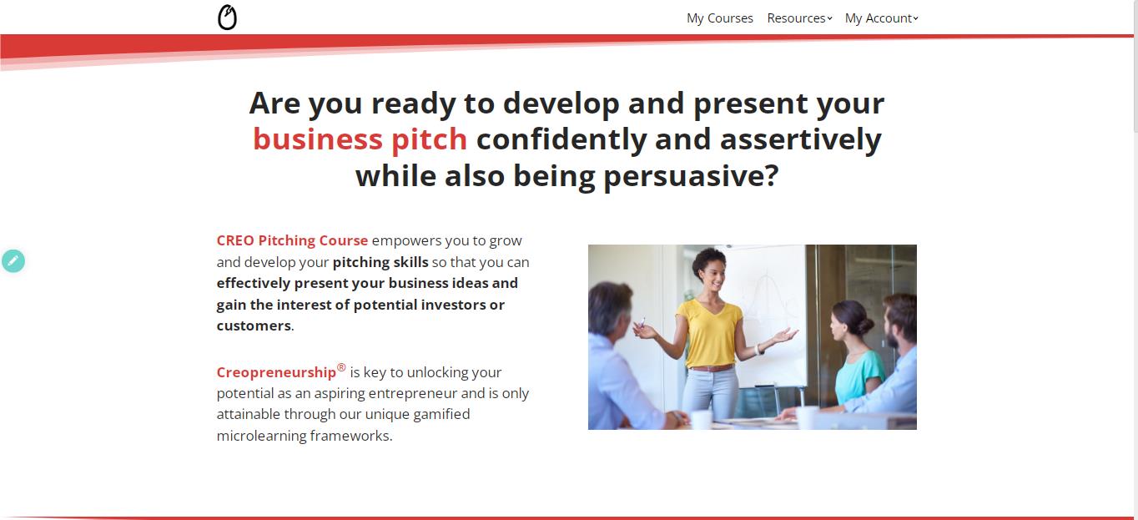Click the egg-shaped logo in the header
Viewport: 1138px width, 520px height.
pos(227,18)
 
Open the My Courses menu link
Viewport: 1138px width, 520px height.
pos(719,18)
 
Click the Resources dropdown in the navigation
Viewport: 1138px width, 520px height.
pos(798,18)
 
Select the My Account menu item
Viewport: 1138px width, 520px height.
pos(880,18)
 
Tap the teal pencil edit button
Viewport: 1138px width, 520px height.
pos(13,261)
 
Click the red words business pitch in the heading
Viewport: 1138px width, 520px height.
pos(360,139)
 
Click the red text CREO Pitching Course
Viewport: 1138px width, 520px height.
pos(292,240)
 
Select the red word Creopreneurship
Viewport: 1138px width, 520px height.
pos(276,372)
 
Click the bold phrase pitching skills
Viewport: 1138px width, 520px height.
pos(380,262)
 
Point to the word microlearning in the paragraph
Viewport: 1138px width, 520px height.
pos(261,436)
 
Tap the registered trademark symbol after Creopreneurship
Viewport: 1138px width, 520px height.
pos(341,367)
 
